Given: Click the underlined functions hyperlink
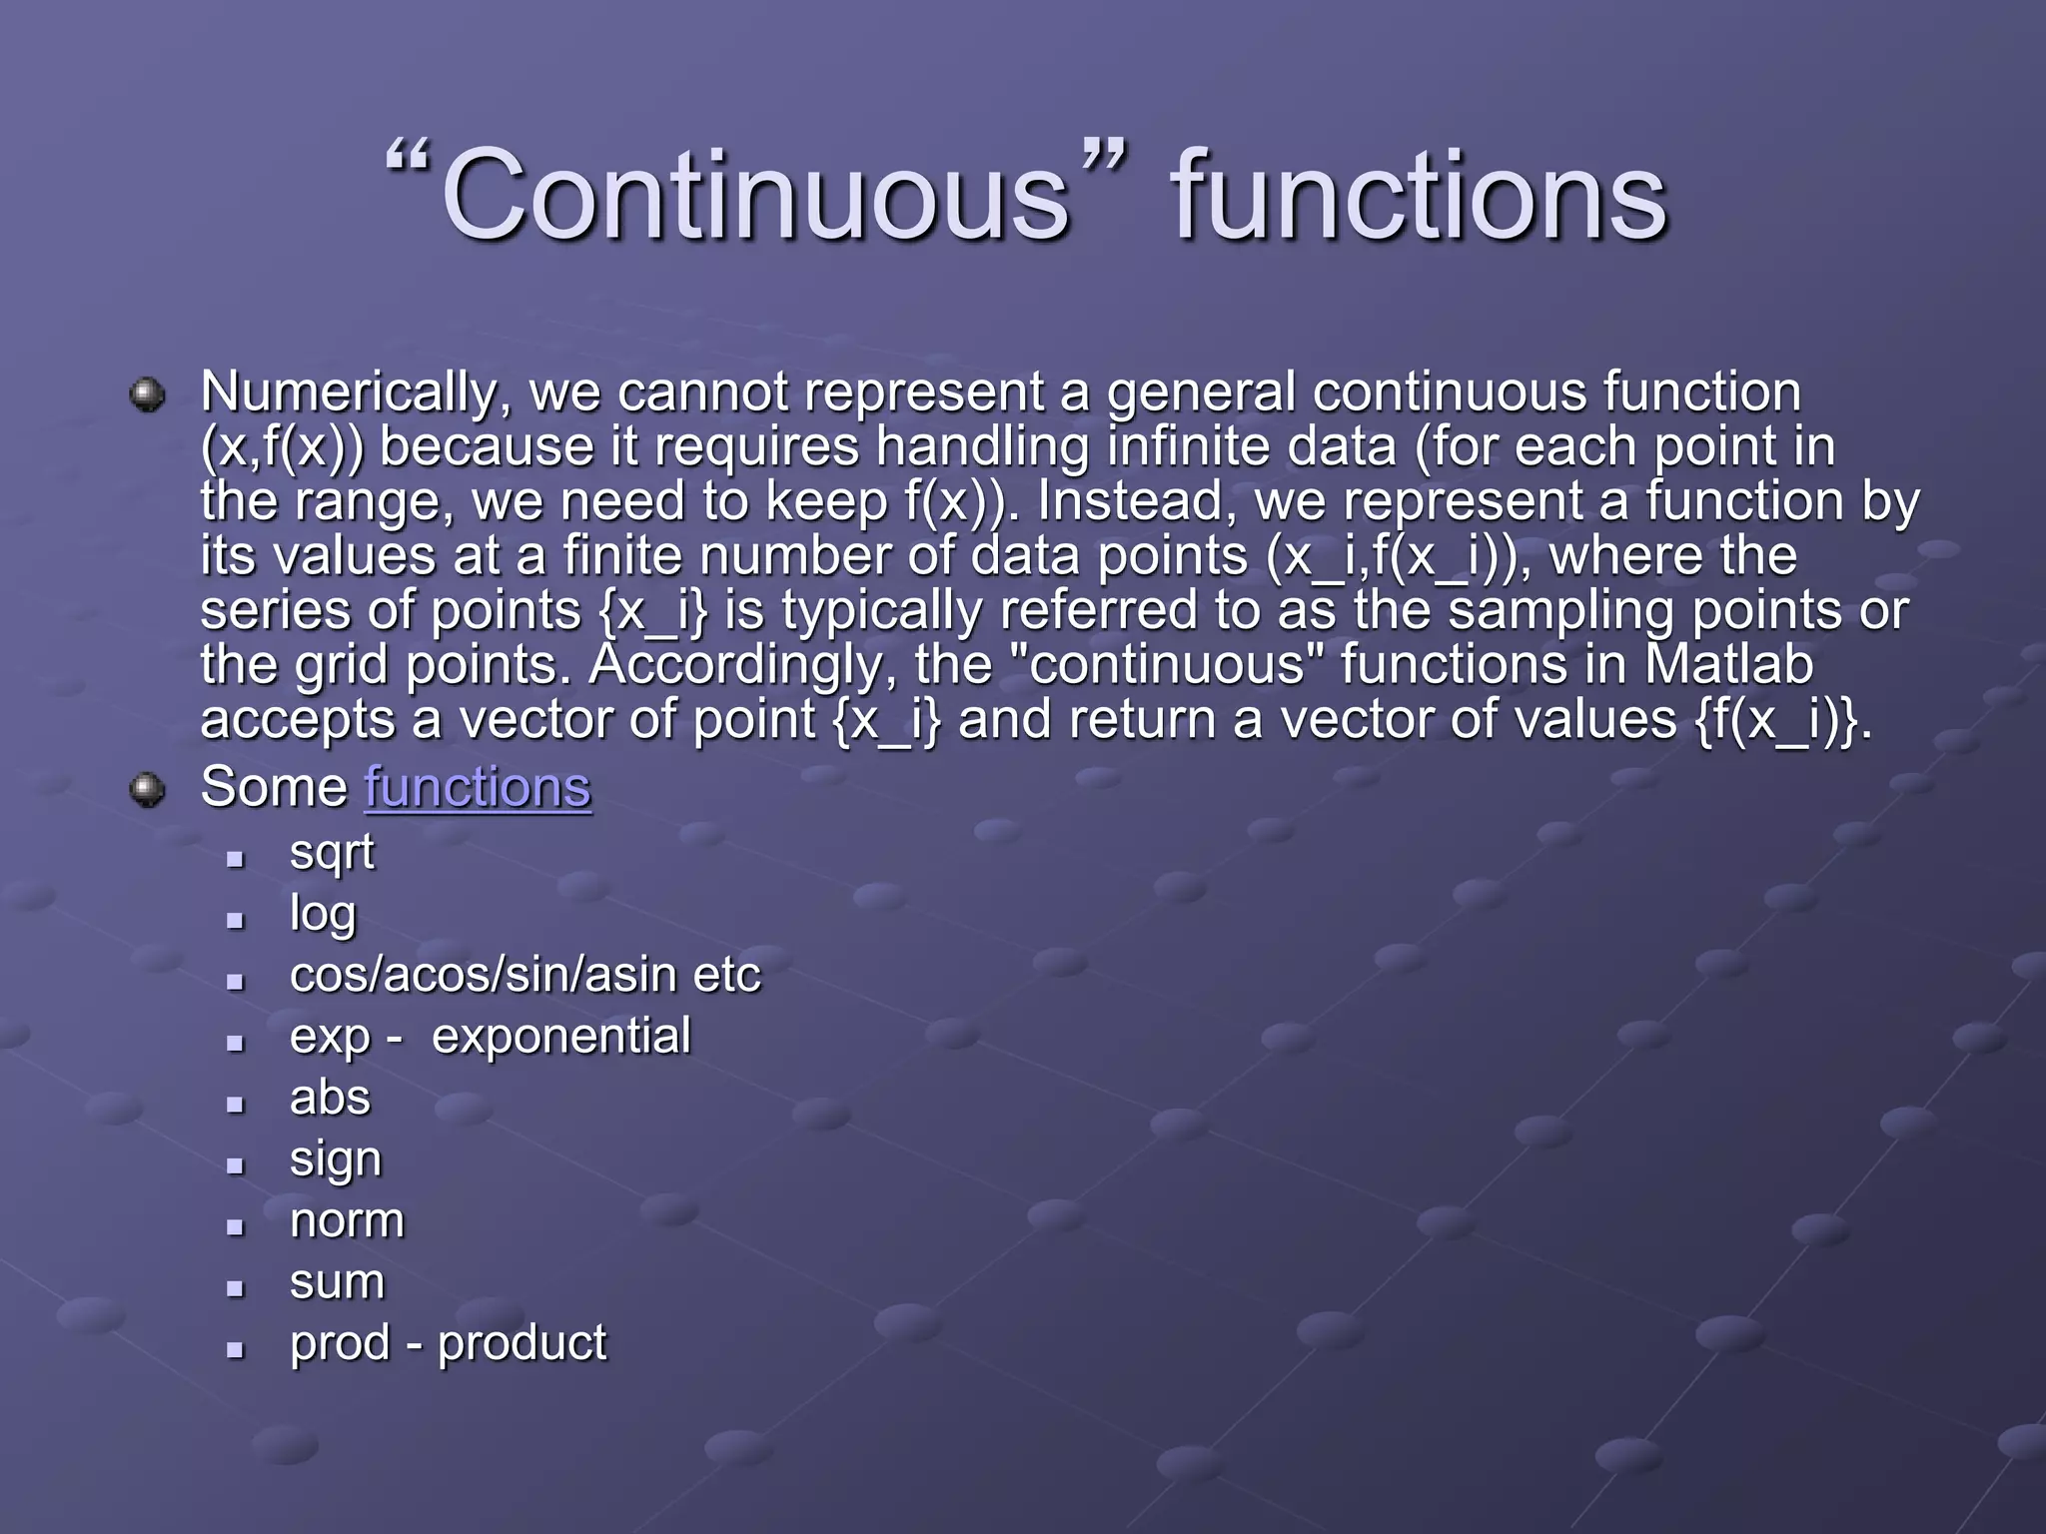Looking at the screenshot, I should pyautogui.click(x=478, y=787).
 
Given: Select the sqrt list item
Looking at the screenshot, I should pyautogui.click(x=332, y=853).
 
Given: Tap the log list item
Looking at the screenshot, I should pyautogui.click(x=322, y=914).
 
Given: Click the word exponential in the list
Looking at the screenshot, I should pyautogui.click(x=560, y=1036).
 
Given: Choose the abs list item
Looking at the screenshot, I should pyautogui.click(x=330, y=1098).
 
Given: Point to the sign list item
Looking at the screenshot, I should pyautogui.click(x=335, y=1159).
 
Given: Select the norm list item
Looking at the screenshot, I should pyautogui.click(x=347, y=1220).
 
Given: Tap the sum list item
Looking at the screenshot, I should pyautogui.click(x=337, y=1282).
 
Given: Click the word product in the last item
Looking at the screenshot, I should pyautogui.click(x=521, y=1343).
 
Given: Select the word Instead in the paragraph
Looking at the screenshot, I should pyautogui.click(x=1129, y=501).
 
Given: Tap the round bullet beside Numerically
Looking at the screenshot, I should pyautogui.click(x=148, y=394).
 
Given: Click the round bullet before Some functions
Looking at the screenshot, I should pyautogui.click(x=148, y=790).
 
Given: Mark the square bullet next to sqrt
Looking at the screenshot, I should pyautogui.click(x=236, y=858).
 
